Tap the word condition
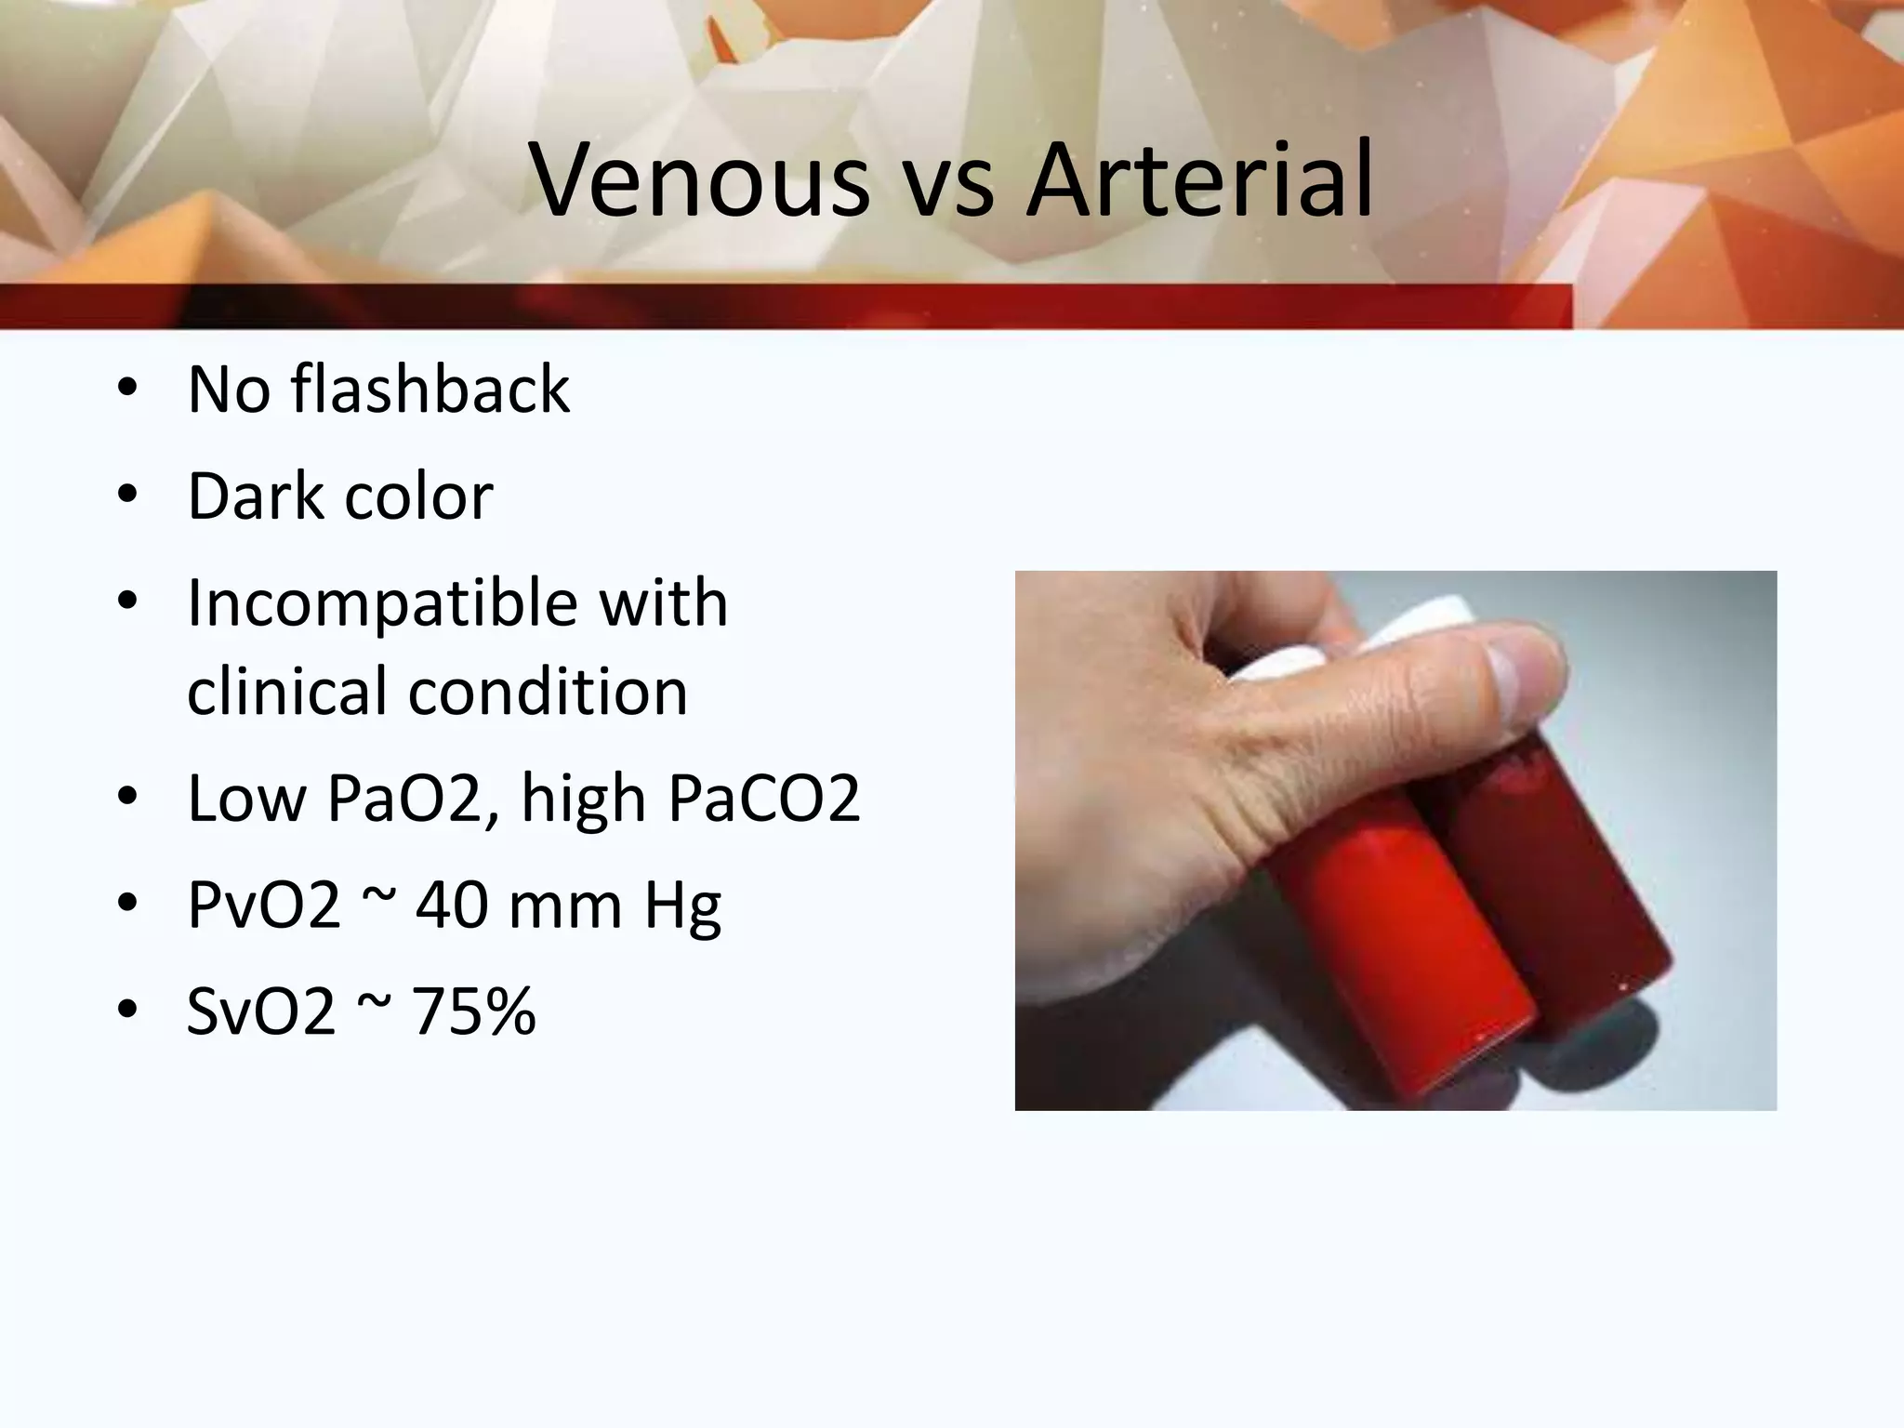pos(549,692)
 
